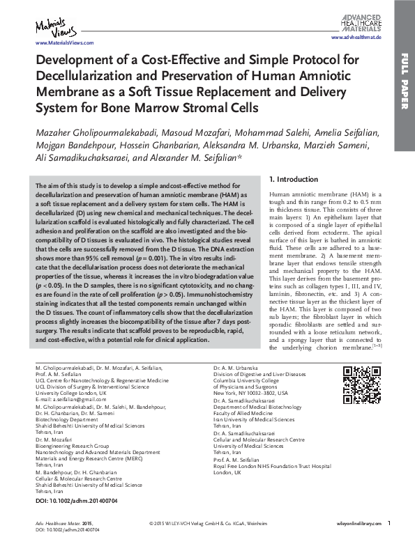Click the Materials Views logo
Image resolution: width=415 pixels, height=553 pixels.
pos(50,28)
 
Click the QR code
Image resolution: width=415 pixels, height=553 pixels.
pos(361,383)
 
